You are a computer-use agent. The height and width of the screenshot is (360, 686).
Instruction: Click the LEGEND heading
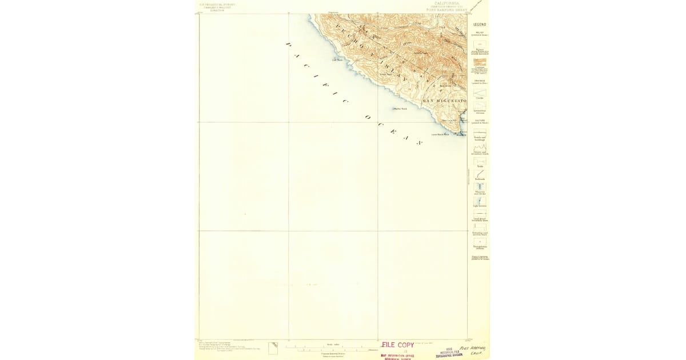(x=479, y=25)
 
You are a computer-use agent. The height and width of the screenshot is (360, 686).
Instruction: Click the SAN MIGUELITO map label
(x=444, y=101)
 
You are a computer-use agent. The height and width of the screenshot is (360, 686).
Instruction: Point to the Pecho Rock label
(x=400, y=109)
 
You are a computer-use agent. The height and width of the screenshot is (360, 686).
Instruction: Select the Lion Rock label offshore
(x=337, y=58)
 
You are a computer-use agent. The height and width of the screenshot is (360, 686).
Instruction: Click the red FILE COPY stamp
(x=397, y=345)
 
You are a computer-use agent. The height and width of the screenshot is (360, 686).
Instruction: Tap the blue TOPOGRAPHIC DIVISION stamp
(x=449, y=355)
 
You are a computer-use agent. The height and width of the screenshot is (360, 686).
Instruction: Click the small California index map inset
(x=273, y=347)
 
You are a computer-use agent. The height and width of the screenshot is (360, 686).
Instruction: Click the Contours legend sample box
(x=479, y=62)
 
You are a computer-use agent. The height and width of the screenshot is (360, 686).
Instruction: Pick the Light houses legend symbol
(x=479, y=201)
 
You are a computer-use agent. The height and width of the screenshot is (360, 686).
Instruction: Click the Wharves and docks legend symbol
(x=479, y=187)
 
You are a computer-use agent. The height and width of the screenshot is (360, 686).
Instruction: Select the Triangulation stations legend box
(x=479, y=242)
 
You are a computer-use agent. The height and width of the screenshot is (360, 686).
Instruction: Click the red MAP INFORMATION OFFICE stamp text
(x=397, y=355)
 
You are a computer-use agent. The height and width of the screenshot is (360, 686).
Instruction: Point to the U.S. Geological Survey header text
(x=217, y=5)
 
